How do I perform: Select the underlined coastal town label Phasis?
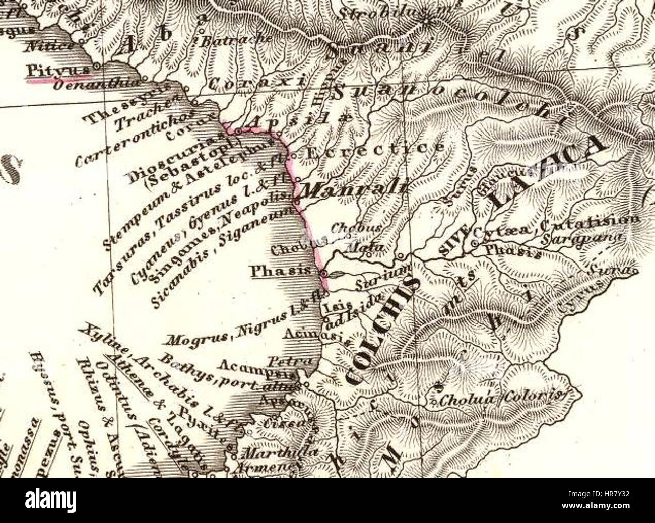point(285,271)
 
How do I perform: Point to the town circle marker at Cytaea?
point(474,245)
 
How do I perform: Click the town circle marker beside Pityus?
point(95,66)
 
